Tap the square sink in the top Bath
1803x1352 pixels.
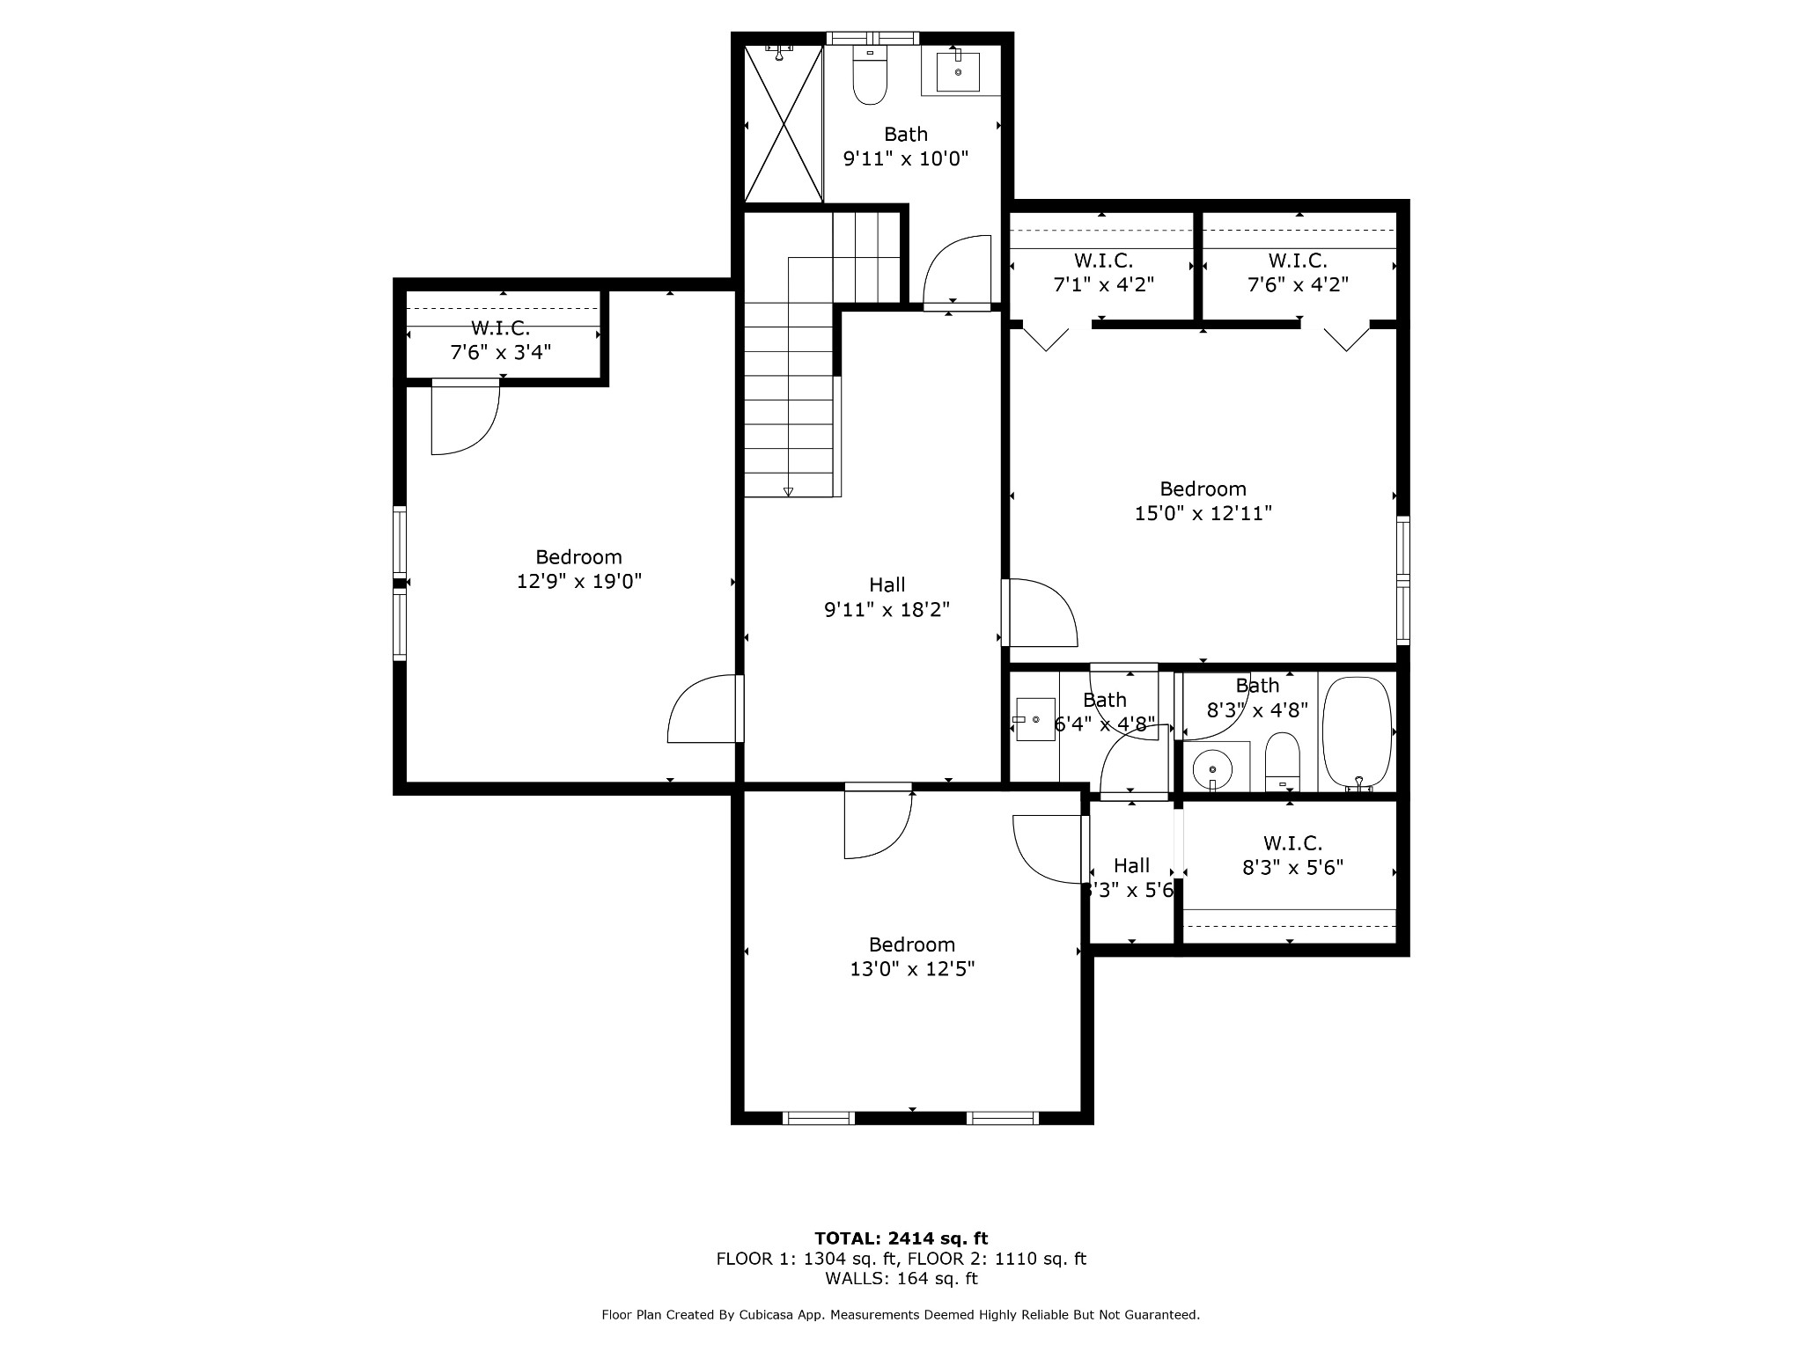(x=958, y=71)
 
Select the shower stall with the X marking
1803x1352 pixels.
(x=784, y=123)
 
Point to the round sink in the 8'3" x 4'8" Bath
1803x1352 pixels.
(x=1212, y=768)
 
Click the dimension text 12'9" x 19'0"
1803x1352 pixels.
(x=578, y=582)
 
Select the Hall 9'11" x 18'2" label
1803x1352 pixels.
(x=887, y=597)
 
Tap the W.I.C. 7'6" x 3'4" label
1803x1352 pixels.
(x=500, y=341)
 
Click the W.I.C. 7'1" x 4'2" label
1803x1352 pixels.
(x=1103, y=273)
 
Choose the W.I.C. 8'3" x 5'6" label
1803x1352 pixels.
(x=1292, y=856)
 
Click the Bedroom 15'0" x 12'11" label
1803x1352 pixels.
(x=1203, y=501)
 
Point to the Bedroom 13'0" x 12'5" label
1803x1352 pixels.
(x=911, y=957)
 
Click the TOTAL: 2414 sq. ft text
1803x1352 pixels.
(x=901, y=1238)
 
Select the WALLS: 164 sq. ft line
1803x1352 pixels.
(x=901, y=1278)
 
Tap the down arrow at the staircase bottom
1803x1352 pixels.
(x=788, y=492)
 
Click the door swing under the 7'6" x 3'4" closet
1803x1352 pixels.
(x=464, y=418)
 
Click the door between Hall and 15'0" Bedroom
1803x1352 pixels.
(x=1041, y=613)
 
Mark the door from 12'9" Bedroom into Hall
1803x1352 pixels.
(x=704, y=709)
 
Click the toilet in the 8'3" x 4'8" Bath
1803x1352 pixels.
(x=1282, y=762)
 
